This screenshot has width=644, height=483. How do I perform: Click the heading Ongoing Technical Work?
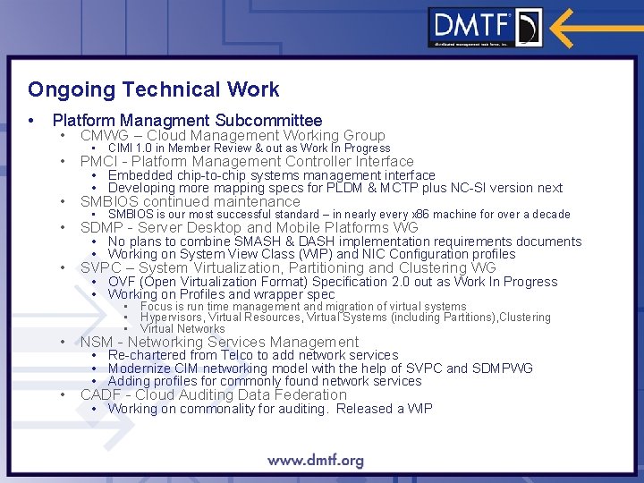click(153, 89)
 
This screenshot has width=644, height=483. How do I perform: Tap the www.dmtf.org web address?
click(316, 462)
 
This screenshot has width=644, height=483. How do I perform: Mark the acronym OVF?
click(123, 282)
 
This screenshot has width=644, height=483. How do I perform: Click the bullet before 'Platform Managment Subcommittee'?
click(32, 120)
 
